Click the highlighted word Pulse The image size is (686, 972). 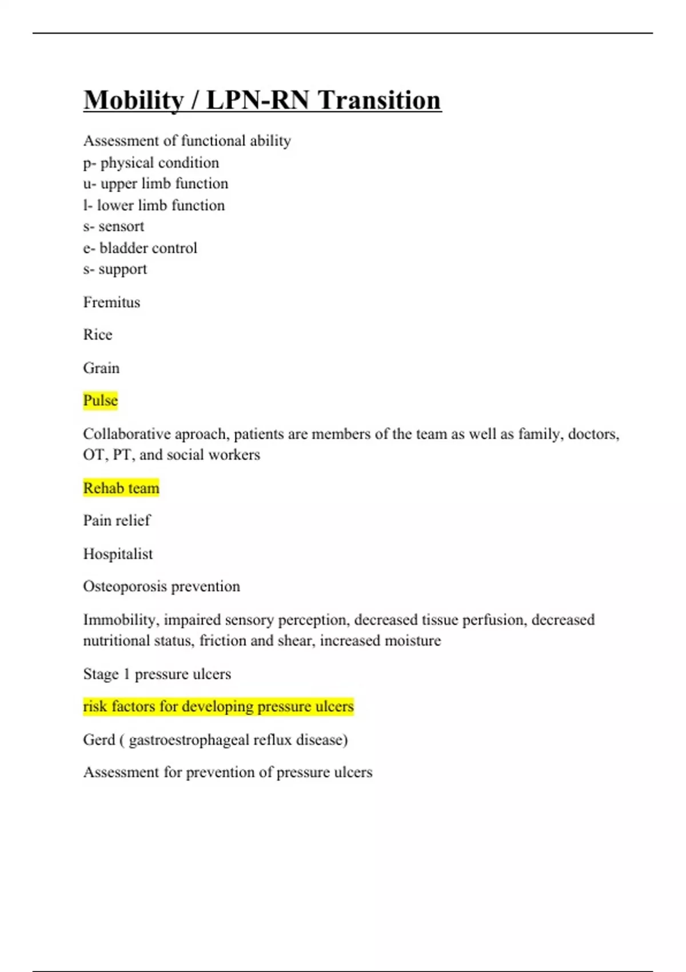point(101,400)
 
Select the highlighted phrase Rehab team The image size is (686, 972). point(121,488)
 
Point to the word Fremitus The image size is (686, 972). point(111,302)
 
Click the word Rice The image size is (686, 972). point(98,334)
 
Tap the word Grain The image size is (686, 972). point(101,368)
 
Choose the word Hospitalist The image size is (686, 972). point(118,553)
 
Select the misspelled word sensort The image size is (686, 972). point(121,226)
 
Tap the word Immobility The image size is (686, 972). point(119,620)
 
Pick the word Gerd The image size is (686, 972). point(99,740)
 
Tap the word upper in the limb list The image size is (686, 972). point(118,184)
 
